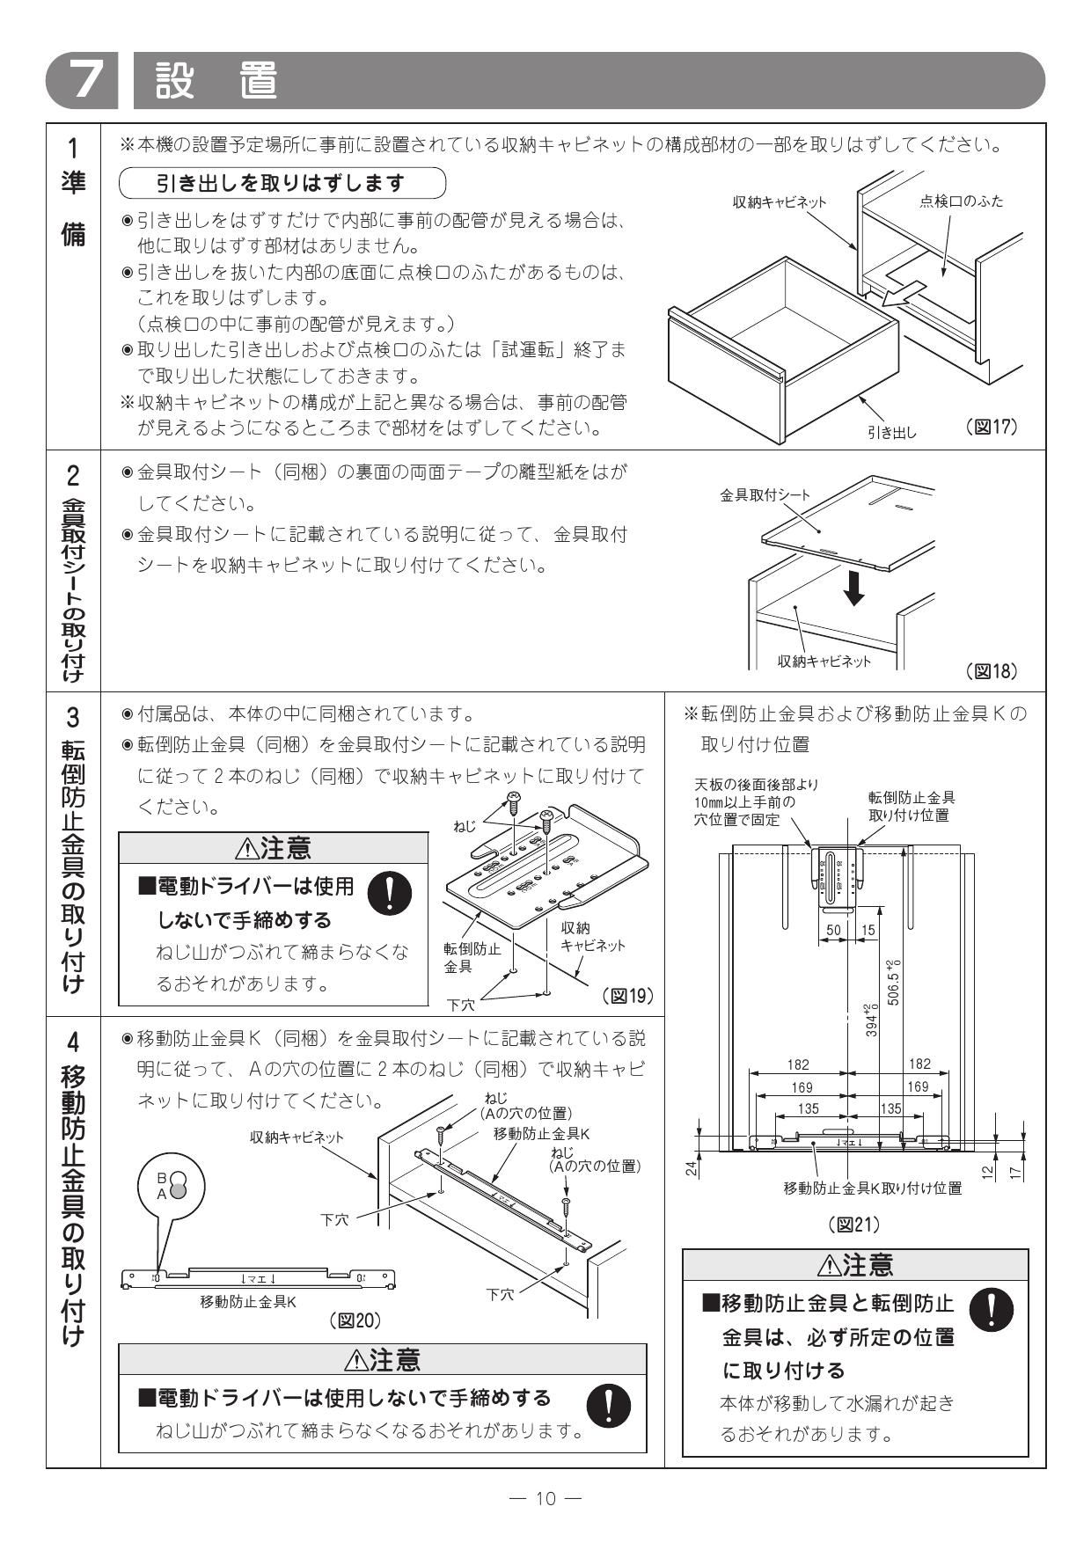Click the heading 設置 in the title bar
[216, 81]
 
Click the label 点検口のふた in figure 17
[961, 201]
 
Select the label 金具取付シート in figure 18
[765, 495]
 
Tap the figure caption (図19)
[628, 995]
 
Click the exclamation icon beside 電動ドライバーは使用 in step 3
[388, 894]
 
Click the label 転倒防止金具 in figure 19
[472, 957]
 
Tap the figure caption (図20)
[355, 1320]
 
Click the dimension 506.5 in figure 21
[894, 982]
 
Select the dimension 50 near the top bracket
[834, 930]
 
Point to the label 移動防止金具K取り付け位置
[872, 1188]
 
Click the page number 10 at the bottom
[545, 1498]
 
